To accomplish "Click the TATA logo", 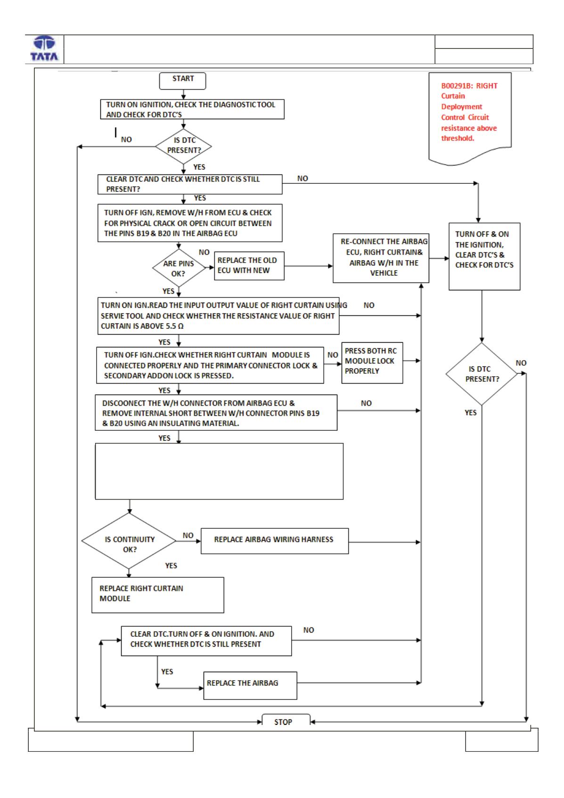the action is tap(44, 48).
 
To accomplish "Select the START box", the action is tap(183, 81).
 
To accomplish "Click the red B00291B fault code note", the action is tap(470, 119).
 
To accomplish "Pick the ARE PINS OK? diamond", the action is tap(179, 268).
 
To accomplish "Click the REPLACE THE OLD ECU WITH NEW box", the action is tap(249, 266).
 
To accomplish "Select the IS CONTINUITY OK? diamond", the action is tap(129, 541).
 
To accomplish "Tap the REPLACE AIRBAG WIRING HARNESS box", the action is tap(275, 541).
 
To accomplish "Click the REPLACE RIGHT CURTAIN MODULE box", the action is tap(158, 595).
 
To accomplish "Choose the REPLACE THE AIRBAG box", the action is tap(250, 685).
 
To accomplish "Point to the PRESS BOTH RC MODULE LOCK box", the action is tap(372, 362).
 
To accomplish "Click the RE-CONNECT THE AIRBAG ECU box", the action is tap(381, 258).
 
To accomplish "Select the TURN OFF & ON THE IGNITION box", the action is tap(484, 256).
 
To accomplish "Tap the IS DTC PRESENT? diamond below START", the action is tap(183, 147).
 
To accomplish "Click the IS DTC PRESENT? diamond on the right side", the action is tap(482, 374).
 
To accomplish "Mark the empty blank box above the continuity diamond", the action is tap(219, 471).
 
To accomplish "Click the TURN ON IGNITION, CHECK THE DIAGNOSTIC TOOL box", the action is tap(192, 109).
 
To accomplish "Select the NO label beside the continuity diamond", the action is tap(188, 535).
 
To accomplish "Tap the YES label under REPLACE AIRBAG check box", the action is tap(167, 671).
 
